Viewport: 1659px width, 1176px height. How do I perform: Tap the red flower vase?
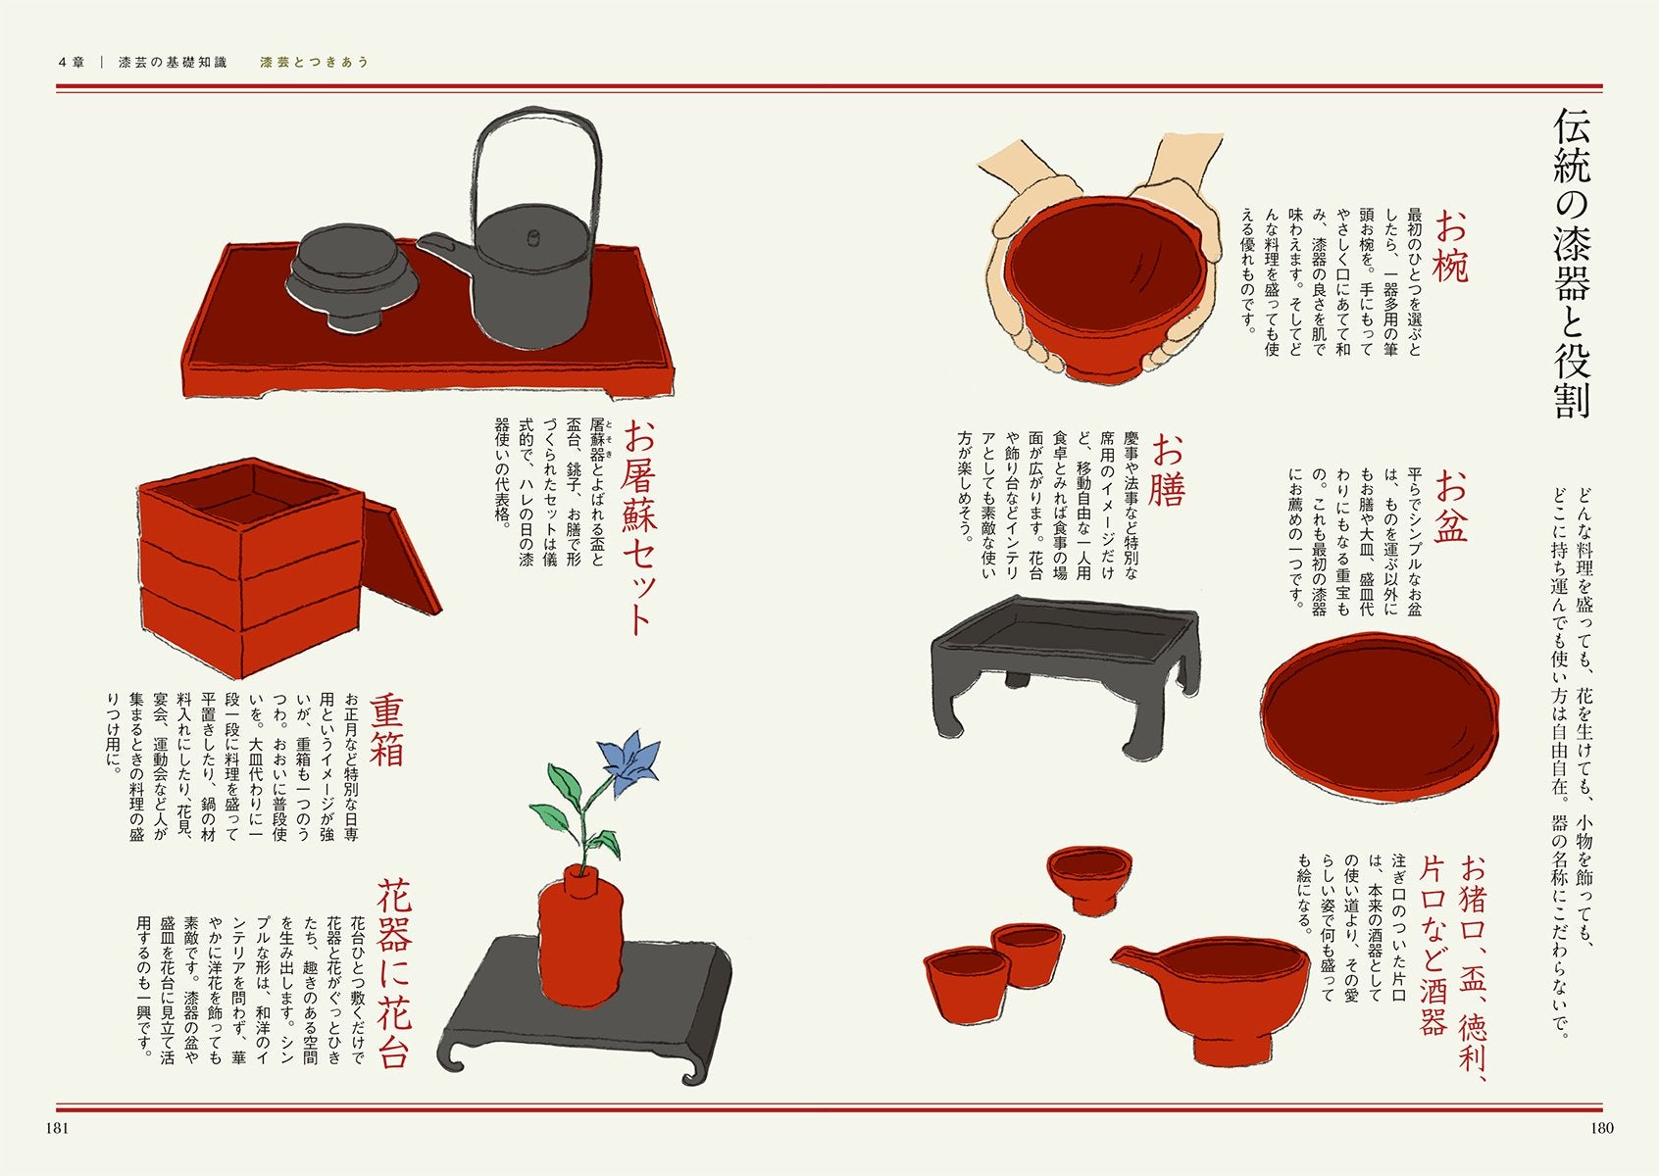(579, 936)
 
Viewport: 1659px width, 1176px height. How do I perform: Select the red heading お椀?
(1449, 246)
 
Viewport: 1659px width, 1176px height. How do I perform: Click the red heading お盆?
(1450, 507)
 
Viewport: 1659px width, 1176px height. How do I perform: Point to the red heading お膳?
(1167, 469)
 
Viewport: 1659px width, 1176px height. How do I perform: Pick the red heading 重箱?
(386, 729)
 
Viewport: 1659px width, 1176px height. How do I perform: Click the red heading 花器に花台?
(393, 973)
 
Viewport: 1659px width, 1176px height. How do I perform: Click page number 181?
(57, 1128)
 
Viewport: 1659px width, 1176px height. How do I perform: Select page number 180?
(1601, 1128)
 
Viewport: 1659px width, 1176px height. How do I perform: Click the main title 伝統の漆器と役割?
(1572, 264)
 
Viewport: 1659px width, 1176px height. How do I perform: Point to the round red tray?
(1379, 714)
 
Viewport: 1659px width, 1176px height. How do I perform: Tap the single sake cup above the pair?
(1089, 879)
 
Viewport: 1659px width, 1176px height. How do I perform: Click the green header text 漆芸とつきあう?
(314, 63)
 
